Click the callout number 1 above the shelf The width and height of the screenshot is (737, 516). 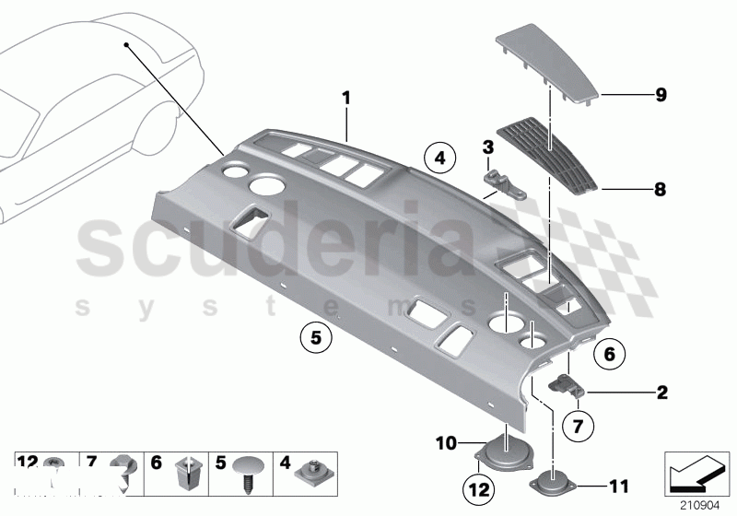(346, 97)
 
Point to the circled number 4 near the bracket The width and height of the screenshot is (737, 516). (440, 158)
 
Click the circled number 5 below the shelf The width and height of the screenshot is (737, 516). (315, 338)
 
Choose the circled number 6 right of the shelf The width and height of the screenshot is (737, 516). (609, 352)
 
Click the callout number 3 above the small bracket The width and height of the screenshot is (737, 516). (488, 147)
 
